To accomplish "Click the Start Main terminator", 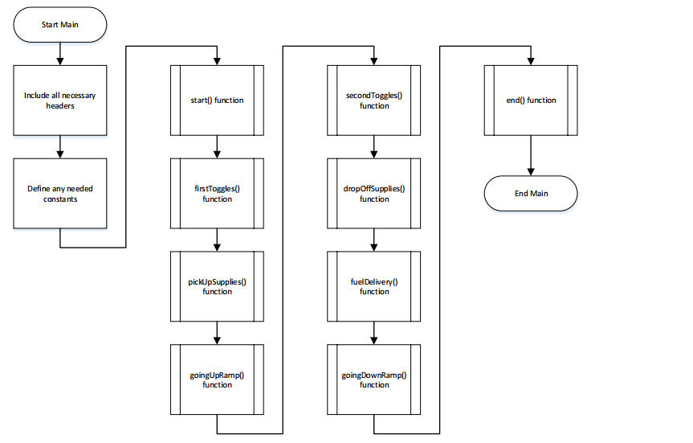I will coord(60,25).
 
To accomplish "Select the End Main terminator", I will coord(530,194).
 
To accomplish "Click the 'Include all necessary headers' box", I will coord(60,100).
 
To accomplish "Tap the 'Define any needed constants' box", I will coord(60,194).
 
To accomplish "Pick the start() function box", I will coord(217,100).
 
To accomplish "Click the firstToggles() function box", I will coord(217,194).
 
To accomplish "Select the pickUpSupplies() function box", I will coord(217,286).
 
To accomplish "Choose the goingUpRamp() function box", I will coord(217,379).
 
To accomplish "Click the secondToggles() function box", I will coord(373,100).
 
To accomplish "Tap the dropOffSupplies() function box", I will coord(373,194).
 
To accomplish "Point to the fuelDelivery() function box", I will coord(373,286).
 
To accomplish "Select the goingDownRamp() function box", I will coord(373,379).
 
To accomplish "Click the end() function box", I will coord(530,100).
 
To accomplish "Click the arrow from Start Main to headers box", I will coord(60,53).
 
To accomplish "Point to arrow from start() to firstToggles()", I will coord(217,146).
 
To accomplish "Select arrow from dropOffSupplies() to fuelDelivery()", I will coord(373,240).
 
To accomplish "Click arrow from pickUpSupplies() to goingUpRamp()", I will coord(217,332).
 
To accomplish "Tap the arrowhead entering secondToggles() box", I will coord(373,61).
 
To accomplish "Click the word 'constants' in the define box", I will coord(60,199).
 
